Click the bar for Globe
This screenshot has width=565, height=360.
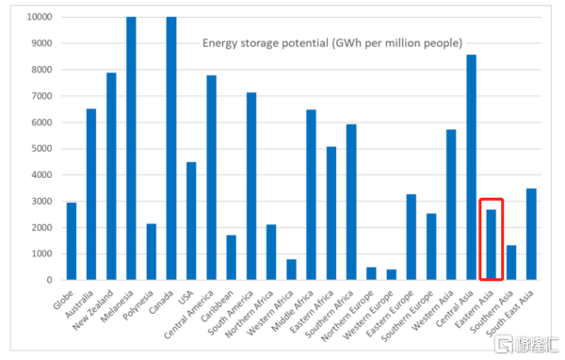(x=72, y=241)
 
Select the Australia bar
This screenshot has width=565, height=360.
(x=91, y=194)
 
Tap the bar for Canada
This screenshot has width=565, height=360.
(x=171, y=148)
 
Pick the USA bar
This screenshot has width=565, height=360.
(x=191, y=221)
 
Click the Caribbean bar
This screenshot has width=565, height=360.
(x=232, y=257)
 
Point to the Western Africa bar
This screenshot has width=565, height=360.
(x=291, y=270)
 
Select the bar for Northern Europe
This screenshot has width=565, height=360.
(x=371, y=273)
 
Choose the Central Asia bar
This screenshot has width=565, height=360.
(x=472, y=167)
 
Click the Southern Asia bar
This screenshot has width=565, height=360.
(x=511, y=262)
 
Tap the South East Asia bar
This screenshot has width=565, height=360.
(x=531, y=234)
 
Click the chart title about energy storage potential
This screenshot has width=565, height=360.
(x=332, y=43)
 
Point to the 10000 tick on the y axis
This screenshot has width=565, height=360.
(x=40, y=17)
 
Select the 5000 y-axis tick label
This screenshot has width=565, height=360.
(x=41, y=149)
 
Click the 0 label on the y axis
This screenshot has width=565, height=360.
(x=49, y=280)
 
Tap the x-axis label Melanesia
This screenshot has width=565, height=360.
(x=118, y=306)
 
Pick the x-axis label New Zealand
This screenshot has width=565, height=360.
(x=93, y=309)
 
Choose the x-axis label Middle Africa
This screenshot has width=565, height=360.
(x=293, y=311)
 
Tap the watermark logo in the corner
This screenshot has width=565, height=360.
(x=526, y=344)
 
